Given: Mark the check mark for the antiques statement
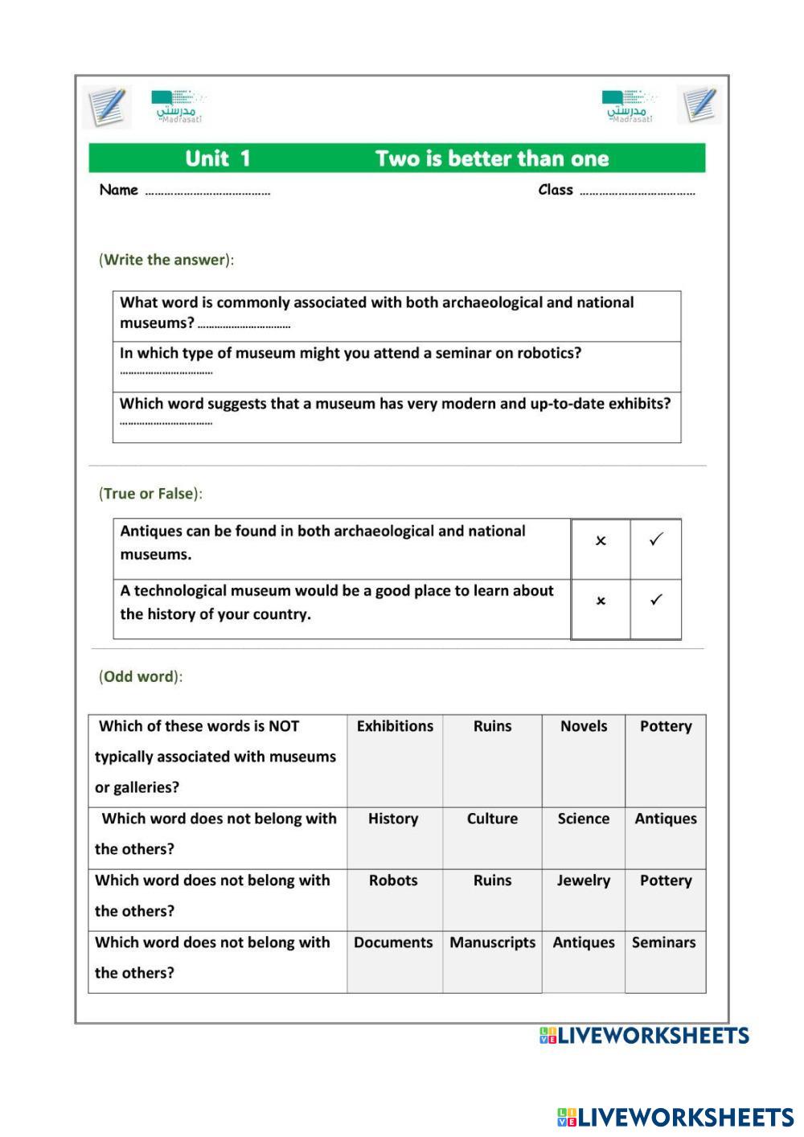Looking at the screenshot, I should tap(656, 540).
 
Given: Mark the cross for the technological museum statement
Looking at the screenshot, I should tap(601, 601).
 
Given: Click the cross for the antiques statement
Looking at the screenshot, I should tap(601, 541).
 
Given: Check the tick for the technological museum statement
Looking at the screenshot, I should tap(656, 601).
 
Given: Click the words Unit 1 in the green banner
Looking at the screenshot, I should tap(218, 158).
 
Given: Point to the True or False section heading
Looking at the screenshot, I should tap(150, 494).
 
